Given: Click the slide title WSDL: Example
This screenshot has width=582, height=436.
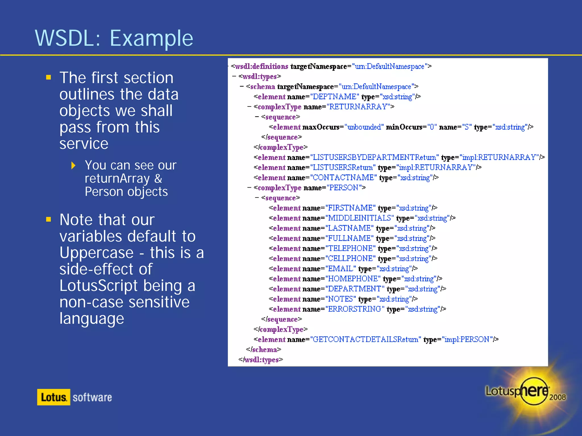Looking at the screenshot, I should pos(114,38).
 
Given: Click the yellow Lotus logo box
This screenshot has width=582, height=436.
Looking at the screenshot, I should pos(53,397).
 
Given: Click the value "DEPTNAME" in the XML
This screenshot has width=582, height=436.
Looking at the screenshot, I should pos(334,97).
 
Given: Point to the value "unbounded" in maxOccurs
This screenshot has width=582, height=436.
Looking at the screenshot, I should pos(364,127).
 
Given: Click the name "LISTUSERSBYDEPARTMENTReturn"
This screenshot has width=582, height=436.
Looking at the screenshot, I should pos(374,158).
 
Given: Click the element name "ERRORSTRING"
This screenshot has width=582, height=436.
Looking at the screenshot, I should pos(354,309).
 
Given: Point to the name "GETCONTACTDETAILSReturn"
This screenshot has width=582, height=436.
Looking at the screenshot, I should pos(365,339).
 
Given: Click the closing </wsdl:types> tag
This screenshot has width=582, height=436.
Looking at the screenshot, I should pos(261,360).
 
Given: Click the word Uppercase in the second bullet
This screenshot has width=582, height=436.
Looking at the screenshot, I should pos(97,253).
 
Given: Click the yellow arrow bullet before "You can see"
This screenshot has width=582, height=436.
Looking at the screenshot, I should pos(73,165).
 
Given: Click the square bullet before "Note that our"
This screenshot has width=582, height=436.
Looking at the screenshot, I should pos(49,219).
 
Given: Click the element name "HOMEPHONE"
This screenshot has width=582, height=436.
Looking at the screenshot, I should pos(352,279).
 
